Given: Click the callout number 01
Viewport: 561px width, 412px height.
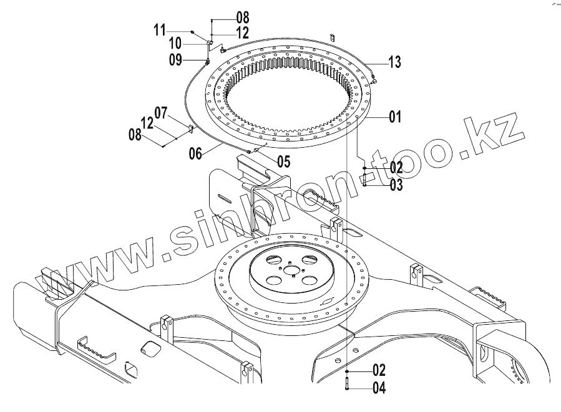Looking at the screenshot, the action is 394,117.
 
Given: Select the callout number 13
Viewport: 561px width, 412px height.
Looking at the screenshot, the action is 394,61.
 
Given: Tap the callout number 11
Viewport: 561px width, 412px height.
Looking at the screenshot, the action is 159,29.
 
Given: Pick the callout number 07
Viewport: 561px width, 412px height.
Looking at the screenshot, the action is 161,113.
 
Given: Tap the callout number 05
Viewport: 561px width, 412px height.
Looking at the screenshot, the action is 283,162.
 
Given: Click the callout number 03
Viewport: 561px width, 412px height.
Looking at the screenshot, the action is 396,185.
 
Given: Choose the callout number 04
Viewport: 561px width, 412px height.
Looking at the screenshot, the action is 379,388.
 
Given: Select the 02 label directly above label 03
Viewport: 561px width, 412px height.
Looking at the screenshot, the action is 396,168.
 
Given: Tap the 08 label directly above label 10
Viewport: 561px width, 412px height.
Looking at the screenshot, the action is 225,17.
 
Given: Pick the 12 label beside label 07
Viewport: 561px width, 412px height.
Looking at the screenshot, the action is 147,123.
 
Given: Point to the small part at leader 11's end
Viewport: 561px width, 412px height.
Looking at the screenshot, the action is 193,31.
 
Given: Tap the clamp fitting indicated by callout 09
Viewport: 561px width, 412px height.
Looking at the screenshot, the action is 207,61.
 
